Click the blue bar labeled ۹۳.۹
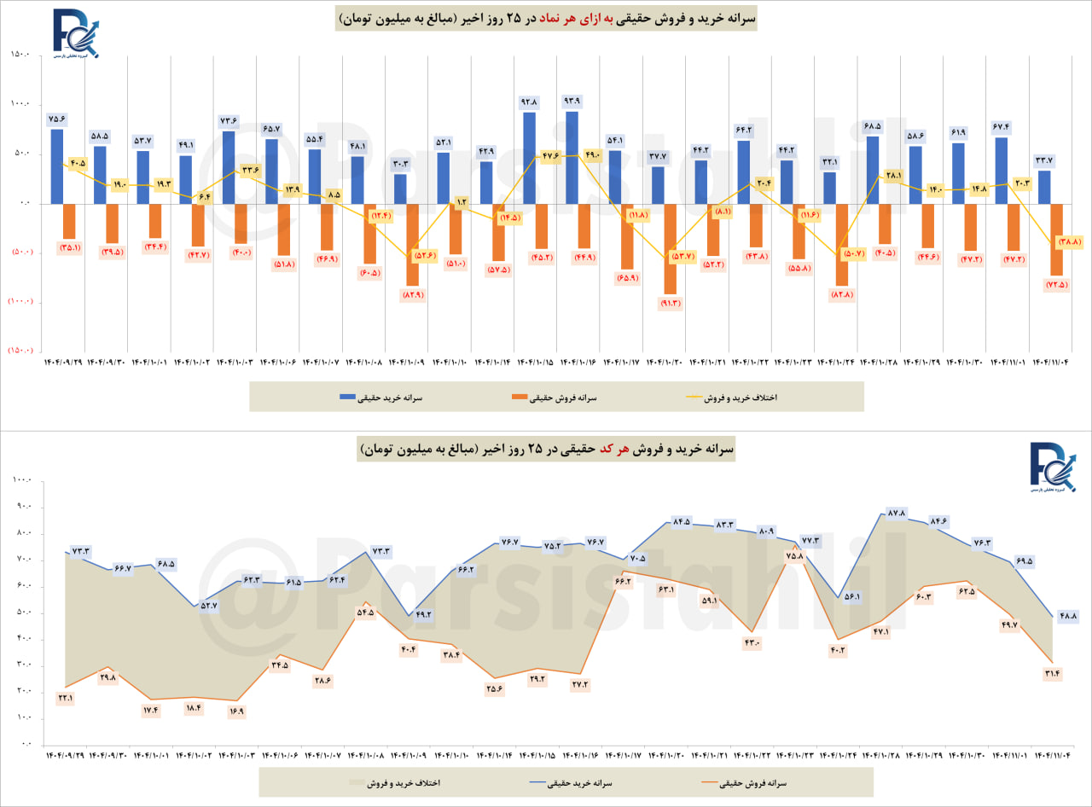tap(572, 157)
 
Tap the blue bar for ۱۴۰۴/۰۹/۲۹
tap(57, 165)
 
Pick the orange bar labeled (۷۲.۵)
tap(1056, 239)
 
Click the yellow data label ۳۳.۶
tap(251, 170)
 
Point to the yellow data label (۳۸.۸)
tap(1069, 242)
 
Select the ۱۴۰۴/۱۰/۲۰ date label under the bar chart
tap(664, 363)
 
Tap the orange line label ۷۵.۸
tap(794, 556)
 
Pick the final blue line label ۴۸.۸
tap(1068, 615)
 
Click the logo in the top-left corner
tap(74, 34)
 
